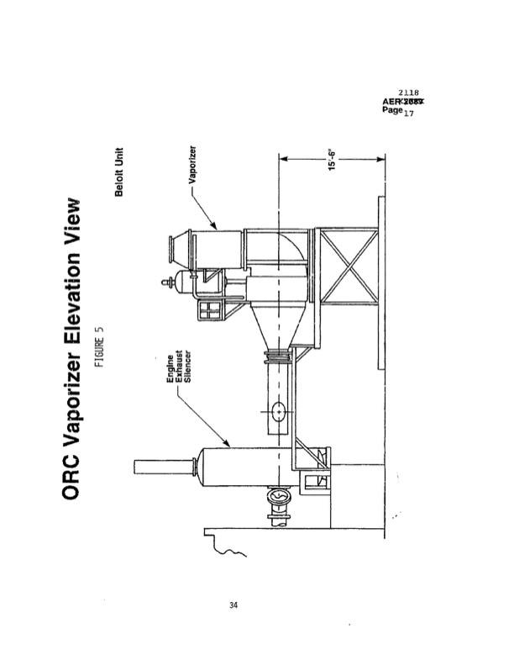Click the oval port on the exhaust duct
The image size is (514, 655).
click(x=279, y=411)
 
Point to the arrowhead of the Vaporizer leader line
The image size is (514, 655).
click(x=218, y=228)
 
